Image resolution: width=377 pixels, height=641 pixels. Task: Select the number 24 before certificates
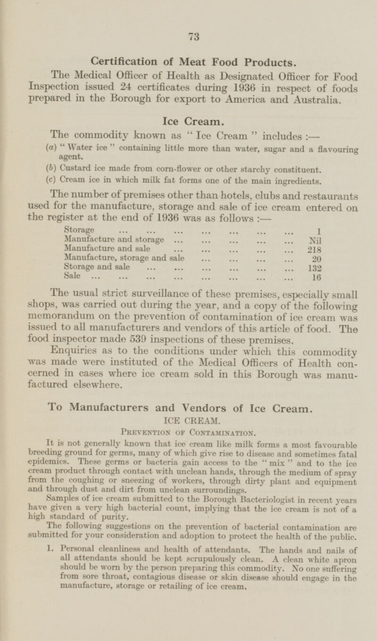coord(123,88)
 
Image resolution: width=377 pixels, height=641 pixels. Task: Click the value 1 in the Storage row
coord(320,231)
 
